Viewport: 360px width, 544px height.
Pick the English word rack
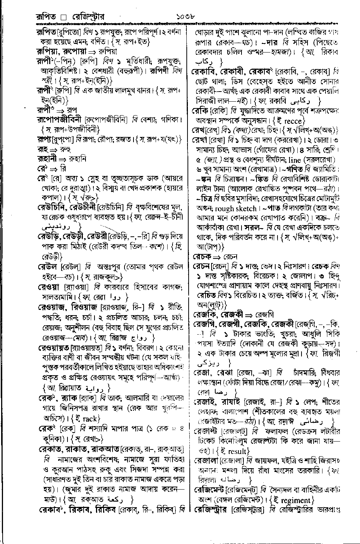(90, 419)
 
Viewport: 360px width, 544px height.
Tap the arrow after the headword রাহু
(57, 149)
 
